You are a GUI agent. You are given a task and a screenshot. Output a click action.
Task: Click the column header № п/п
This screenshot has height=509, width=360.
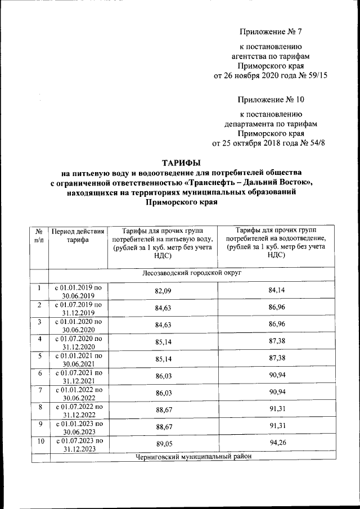pyautogui.click(x=39, y=235)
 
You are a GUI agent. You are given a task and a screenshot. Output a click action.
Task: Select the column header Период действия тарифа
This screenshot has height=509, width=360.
pyautogui.click(x=77, y=235)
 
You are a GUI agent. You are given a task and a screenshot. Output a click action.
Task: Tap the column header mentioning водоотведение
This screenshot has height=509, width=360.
pyautogui.click(x=276, y=242)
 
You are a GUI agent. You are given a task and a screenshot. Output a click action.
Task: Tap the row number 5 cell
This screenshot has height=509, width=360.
pyautogui.click(x=39, y=356)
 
